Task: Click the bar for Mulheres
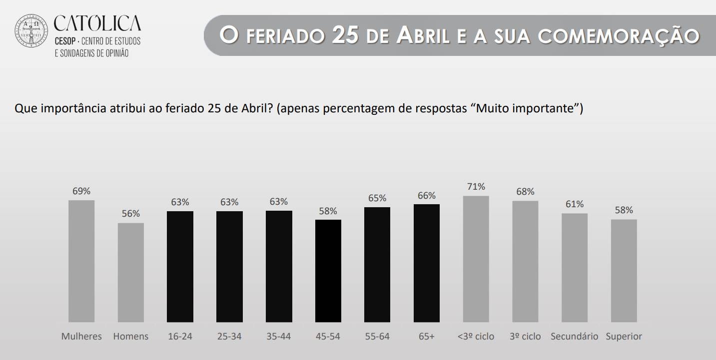coord(81,261)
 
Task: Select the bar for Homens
coord(131,272)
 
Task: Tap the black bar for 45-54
coord(328,271)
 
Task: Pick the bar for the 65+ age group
coord(427,263)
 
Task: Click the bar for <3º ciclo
coord(476,259)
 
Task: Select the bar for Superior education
coord(624,271)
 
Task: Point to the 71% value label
coord(476,187)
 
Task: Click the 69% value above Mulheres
coord(81,191)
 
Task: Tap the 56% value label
coord(131,214)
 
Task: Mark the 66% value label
coord(427,195)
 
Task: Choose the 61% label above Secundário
coord(575,204)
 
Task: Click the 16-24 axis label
coord(180,337)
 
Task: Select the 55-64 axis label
coord(377,337)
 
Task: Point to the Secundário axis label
coord(575,337)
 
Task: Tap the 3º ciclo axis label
coord(525,337)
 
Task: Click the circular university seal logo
coord(31,31)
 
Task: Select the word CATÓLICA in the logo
coord(97,22)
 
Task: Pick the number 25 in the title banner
coord(345,36)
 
